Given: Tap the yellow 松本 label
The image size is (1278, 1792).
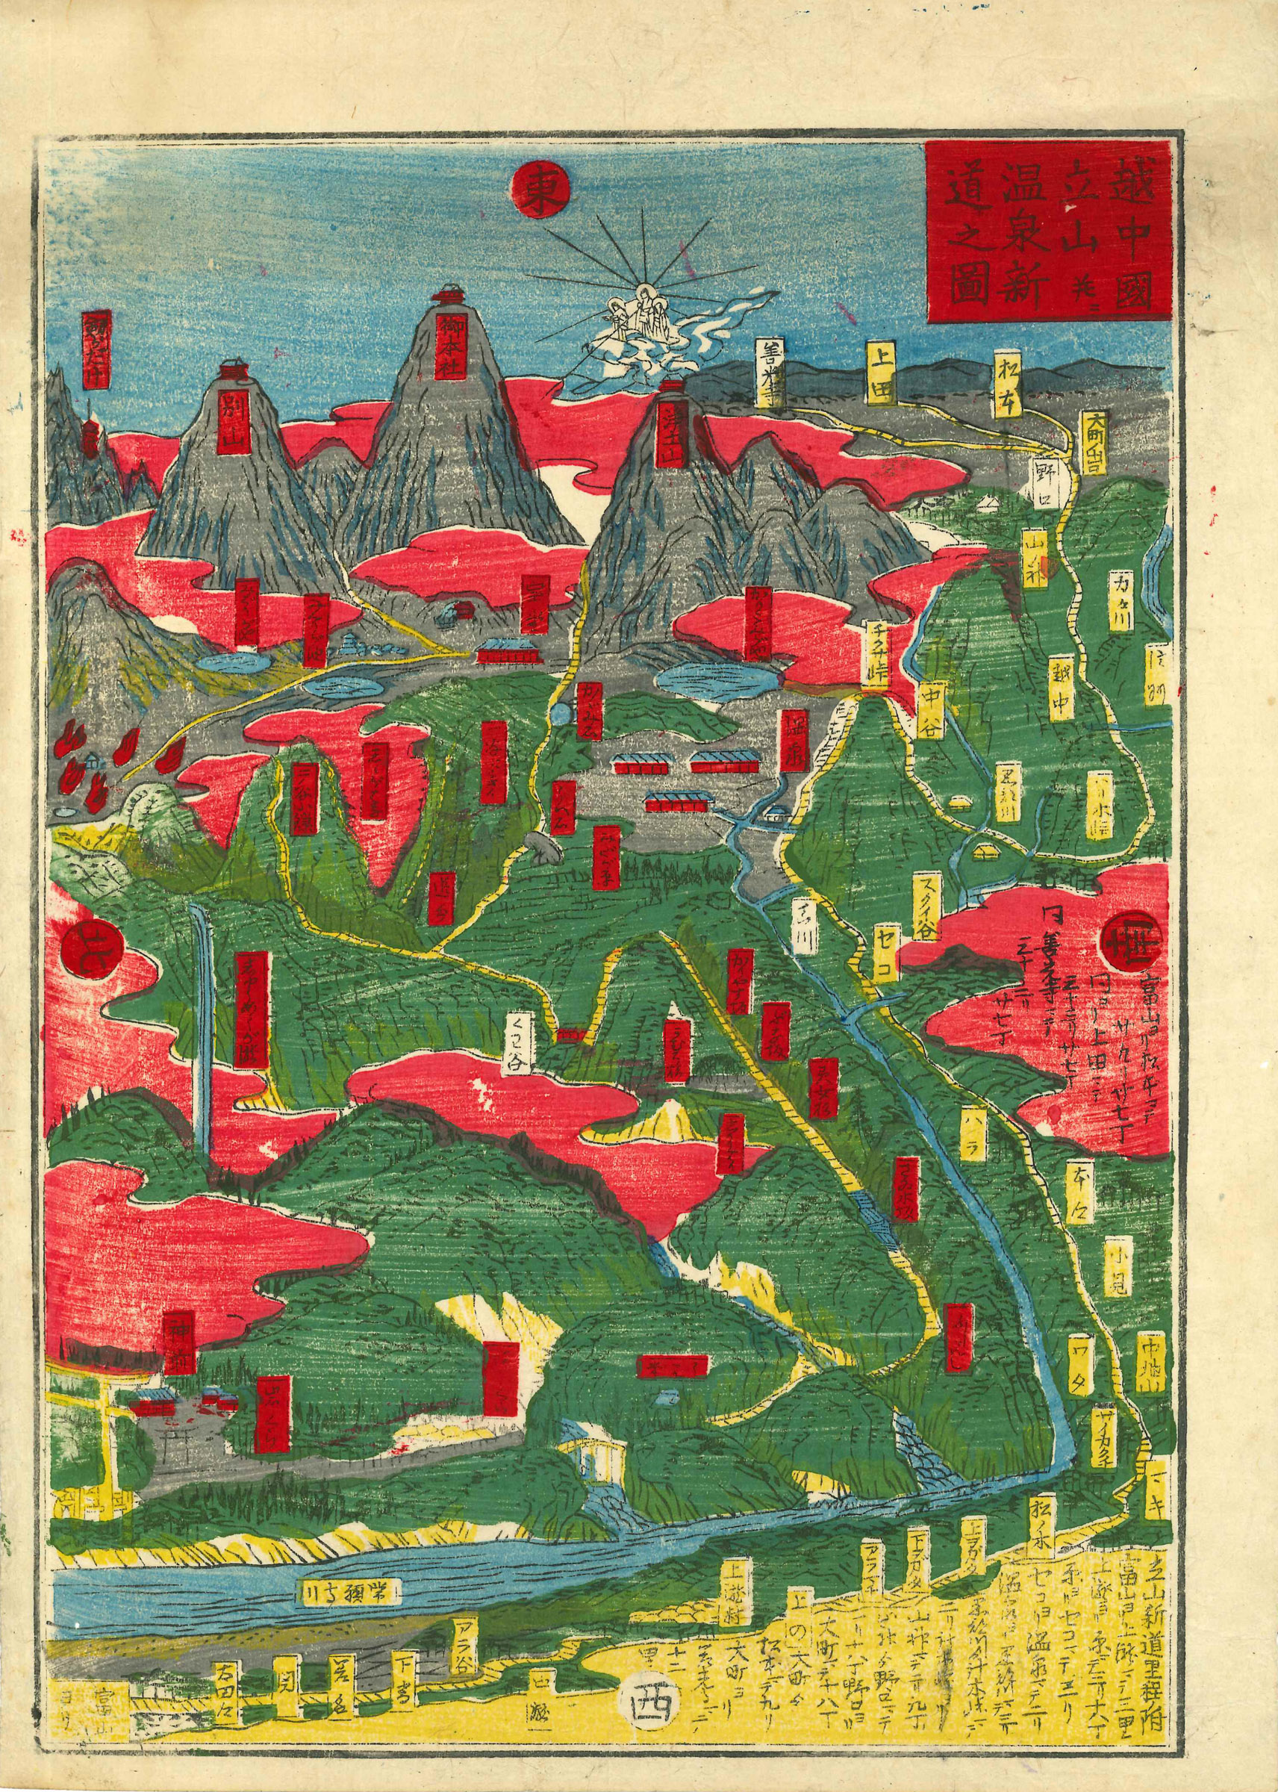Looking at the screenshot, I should [1009, 379].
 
